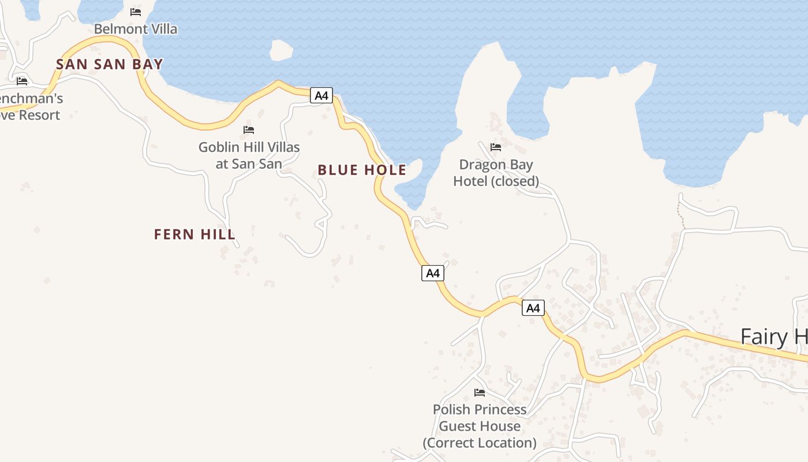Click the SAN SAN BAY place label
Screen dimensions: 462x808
click(110, 64)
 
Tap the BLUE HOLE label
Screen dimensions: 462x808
click(362, 170)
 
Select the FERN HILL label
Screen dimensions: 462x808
click(194, 234)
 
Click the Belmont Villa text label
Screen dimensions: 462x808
click(136, 29)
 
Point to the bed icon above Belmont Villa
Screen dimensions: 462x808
click(136, 12)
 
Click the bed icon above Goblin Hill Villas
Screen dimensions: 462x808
click(249, 129)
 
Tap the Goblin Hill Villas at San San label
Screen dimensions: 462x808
click(249, 155)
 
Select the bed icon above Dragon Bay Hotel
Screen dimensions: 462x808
click(495, 147)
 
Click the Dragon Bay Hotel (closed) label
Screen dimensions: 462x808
click(496, 173)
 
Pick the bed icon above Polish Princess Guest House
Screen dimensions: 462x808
click(479, 393)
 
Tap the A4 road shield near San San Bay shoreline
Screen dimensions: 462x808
click(321, 95)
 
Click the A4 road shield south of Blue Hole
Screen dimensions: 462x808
click(433, 273)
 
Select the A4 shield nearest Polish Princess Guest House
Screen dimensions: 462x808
click(533, 308)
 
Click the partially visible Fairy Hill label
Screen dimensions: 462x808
click(773, 337)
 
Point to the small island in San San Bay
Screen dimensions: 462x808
click(281, 50)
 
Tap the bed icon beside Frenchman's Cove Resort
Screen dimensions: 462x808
click(22, 81)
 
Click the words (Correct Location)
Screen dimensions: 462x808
click(480, 443)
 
